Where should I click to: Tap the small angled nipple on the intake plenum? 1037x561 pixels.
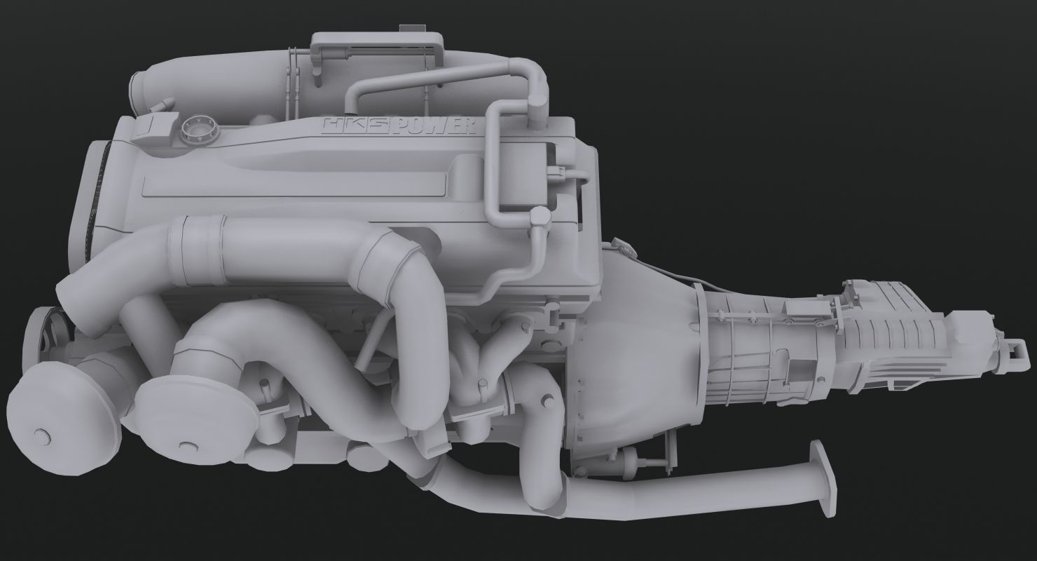(x=166, y=104)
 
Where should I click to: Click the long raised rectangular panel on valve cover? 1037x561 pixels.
(x=294, y=186)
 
